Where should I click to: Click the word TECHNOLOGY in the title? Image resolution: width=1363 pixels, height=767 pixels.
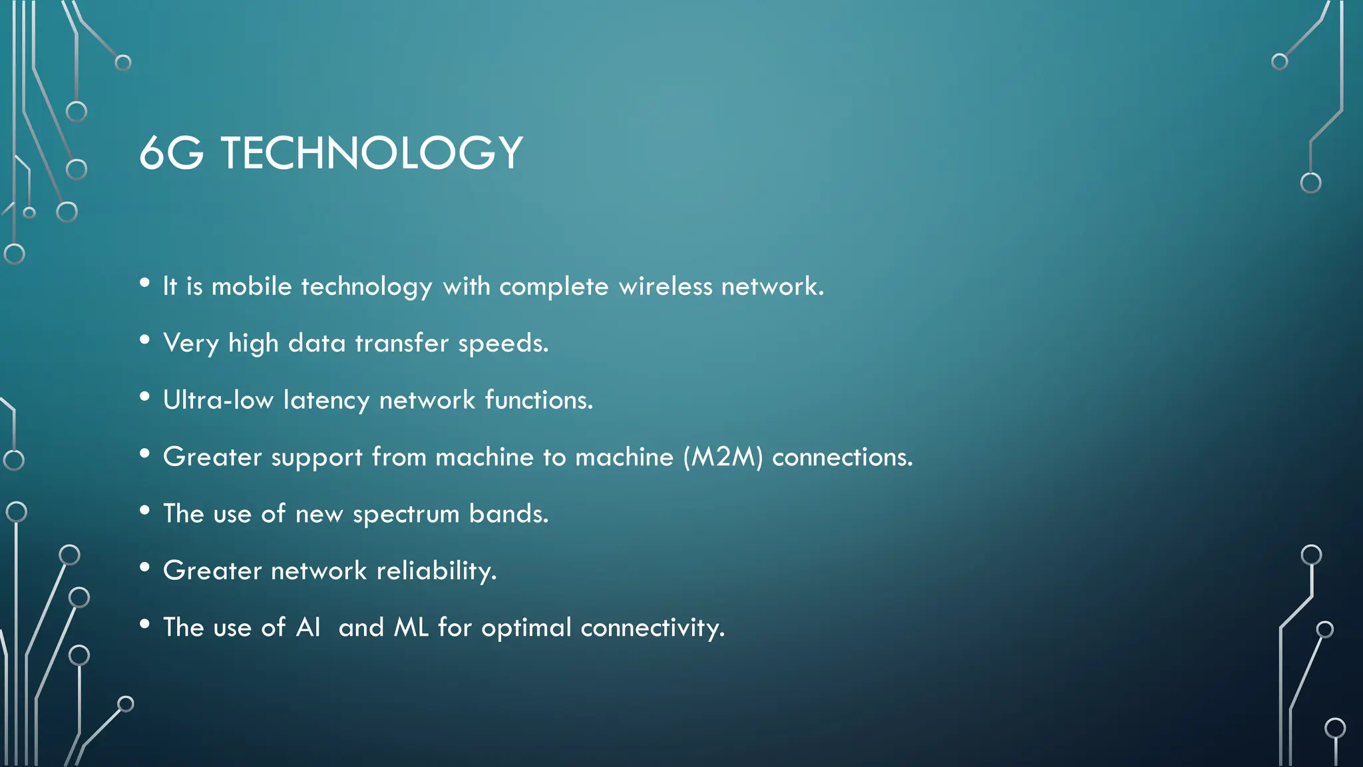pos(371,153)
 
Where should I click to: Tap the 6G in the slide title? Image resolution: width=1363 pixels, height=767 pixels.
pos(171,153)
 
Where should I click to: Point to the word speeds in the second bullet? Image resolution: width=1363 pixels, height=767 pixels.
pos(502,344)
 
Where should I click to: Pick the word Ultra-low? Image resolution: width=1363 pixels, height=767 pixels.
pos(218,400)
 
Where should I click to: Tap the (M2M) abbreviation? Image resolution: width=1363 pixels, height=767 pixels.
pos(723,457)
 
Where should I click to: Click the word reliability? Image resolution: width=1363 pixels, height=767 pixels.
pos(436,571)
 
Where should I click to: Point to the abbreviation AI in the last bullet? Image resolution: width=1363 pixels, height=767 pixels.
pos(308,627)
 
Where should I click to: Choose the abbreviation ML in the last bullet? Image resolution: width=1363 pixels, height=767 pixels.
pos(411,627)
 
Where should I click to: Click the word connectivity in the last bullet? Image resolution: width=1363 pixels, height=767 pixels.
pos(652,628)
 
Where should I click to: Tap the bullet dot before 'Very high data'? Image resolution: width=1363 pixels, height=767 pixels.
pos(144,340)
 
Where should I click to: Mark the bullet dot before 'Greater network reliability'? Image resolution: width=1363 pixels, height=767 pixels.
pos(144,567)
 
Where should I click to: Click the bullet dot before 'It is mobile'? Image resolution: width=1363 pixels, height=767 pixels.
pos(144,283)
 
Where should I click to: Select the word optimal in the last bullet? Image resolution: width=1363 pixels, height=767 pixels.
pos(526,628)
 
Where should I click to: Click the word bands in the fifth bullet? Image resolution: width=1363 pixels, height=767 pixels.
pos(508,514)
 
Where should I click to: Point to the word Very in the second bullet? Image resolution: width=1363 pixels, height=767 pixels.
pos(190,344)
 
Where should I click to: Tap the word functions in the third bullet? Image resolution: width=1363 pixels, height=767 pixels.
pos(538,400)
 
